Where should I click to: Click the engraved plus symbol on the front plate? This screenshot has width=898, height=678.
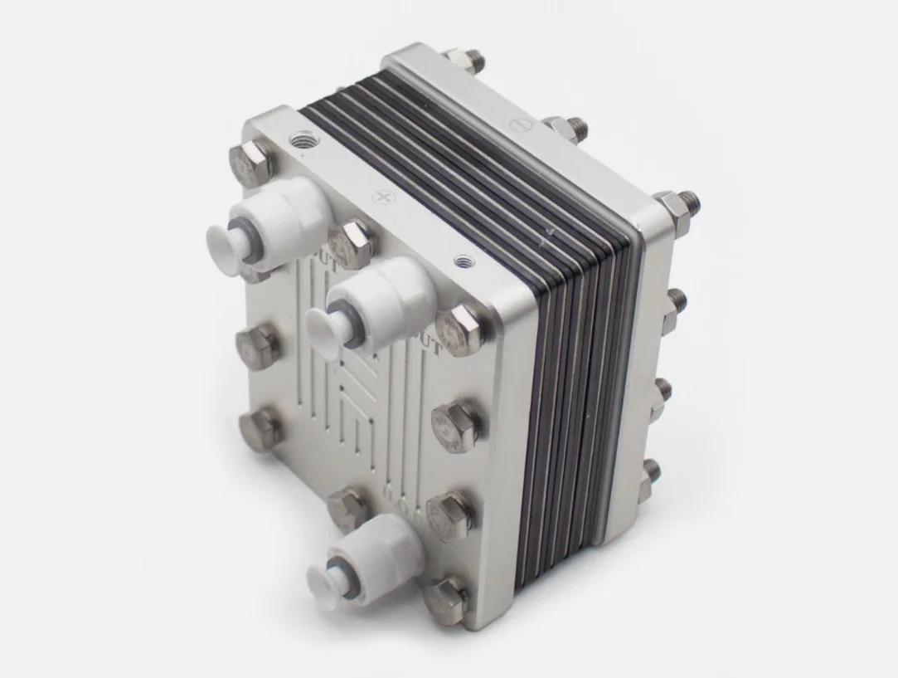[383, 198]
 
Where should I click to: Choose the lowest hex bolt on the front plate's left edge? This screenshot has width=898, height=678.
[260, 426]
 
